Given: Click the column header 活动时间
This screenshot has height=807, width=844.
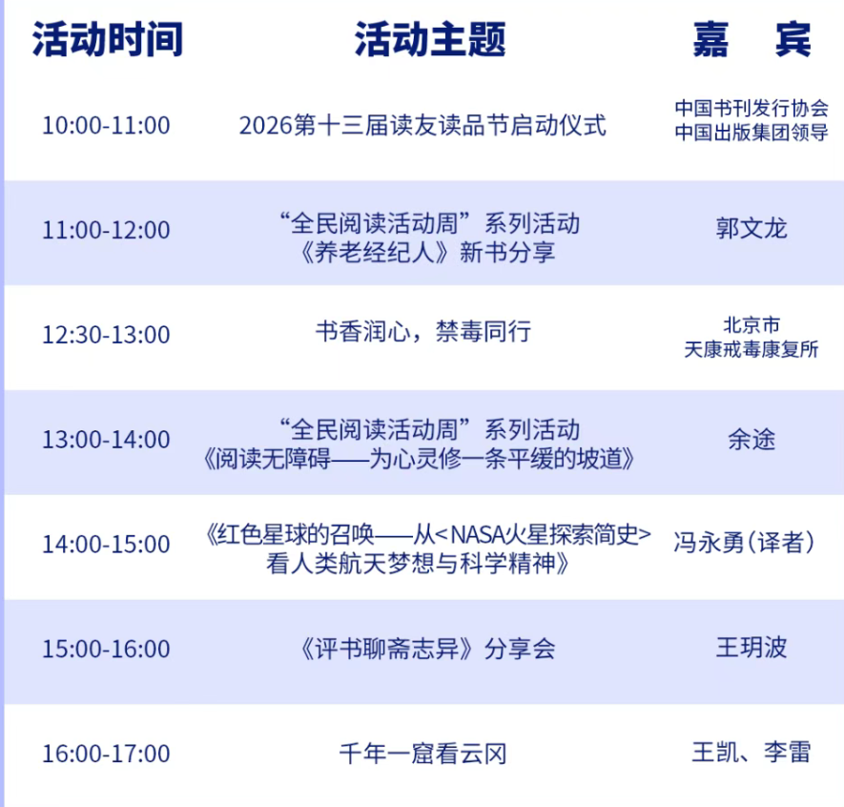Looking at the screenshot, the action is click(108, 39).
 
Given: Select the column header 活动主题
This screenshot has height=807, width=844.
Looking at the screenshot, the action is click(430, 39).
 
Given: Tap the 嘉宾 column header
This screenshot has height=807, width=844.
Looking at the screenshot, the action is click(751, 39).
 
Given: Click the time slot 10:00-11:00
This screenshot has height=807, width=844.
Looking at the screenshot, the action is click(106, 125).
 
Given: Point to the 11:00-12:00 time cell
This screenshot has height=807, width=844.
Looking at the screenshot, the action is click(106, 230).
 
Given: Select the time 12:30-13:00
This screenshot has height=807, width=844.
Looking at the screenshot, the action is click(106, 335).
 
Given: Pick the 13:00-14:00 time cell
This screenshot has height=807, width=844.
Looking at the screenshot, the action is click(106, 440).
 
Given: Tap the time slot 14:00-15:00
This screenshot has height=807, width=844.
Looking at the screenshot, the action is click(106, 545).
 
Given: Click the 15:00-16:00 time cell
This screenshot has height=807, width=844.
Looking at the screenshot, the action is click(106, 649).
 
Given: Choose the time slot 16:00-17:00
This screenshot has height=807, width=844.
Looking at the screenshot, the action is click(106, 754).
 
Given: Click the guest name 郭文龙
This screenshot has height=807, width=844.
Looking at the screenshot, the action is click(751, 228).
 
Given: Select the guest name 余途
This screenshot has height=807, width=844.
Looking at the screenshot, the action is click(751, 440).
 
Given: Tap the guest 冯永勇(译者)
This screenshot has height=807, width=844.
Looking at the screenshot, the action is click(745, 543).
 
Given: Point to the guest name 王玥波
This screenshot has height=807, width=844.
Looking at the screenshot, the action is click(751, 647).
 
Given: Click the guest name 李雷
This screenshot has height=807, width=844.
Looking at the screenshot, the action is click(788, 752).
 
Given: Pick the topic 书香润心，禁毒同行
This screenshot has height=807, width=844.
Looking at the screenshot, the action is click(423, 332).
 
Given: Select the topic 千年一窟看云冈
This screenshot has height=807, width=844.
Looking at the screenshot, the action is click(423, 754).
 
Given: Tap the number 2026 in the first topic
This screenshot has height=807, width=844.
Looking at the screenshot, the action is click(266, 126).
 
